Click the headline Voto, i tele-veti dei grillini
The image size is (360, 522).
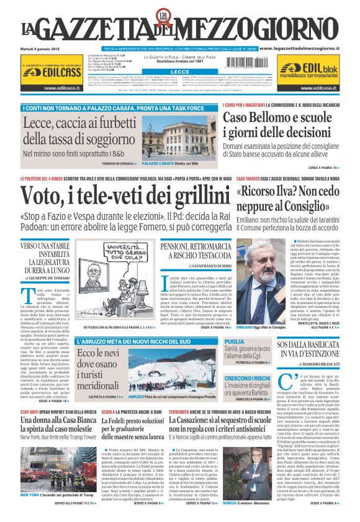125,199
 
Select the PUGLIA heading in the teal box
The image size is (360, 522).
234,341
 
